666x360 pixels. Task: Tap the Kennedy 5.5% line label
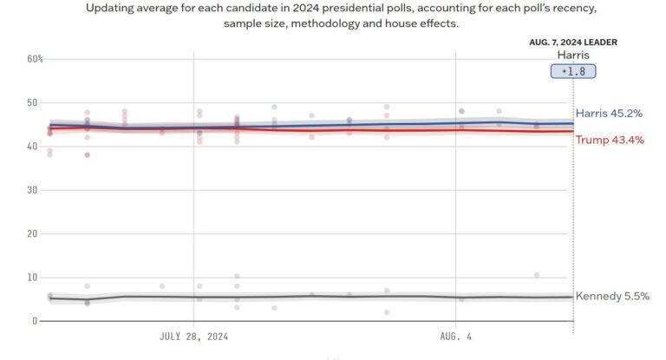pyautogui.click(x=612, y=297)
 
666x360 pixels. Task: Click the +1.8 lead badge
pyautogui.click(x=573, y=71)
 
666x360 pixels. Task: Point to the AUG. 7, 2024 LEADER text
pyautogui.click(x=573, y=42)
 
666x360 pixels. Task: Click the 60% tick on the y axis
pyautogui.click(x=36, y=59)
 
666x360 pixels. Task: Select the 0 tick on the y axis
pyautogui.click(x=34, y=322)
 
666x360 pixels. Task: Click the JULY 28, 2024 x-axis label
pyautogui.click(x=194, y=336)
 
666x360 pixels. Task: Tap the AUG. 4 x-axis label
pyautogui.click(x=456, y=336)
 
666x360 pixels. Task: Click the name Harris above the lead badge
pyautogui.click(x=573, y=55)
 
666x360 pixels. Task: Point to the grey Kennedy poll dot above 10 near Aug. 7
pyautogui.click(x=537, y=275)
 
